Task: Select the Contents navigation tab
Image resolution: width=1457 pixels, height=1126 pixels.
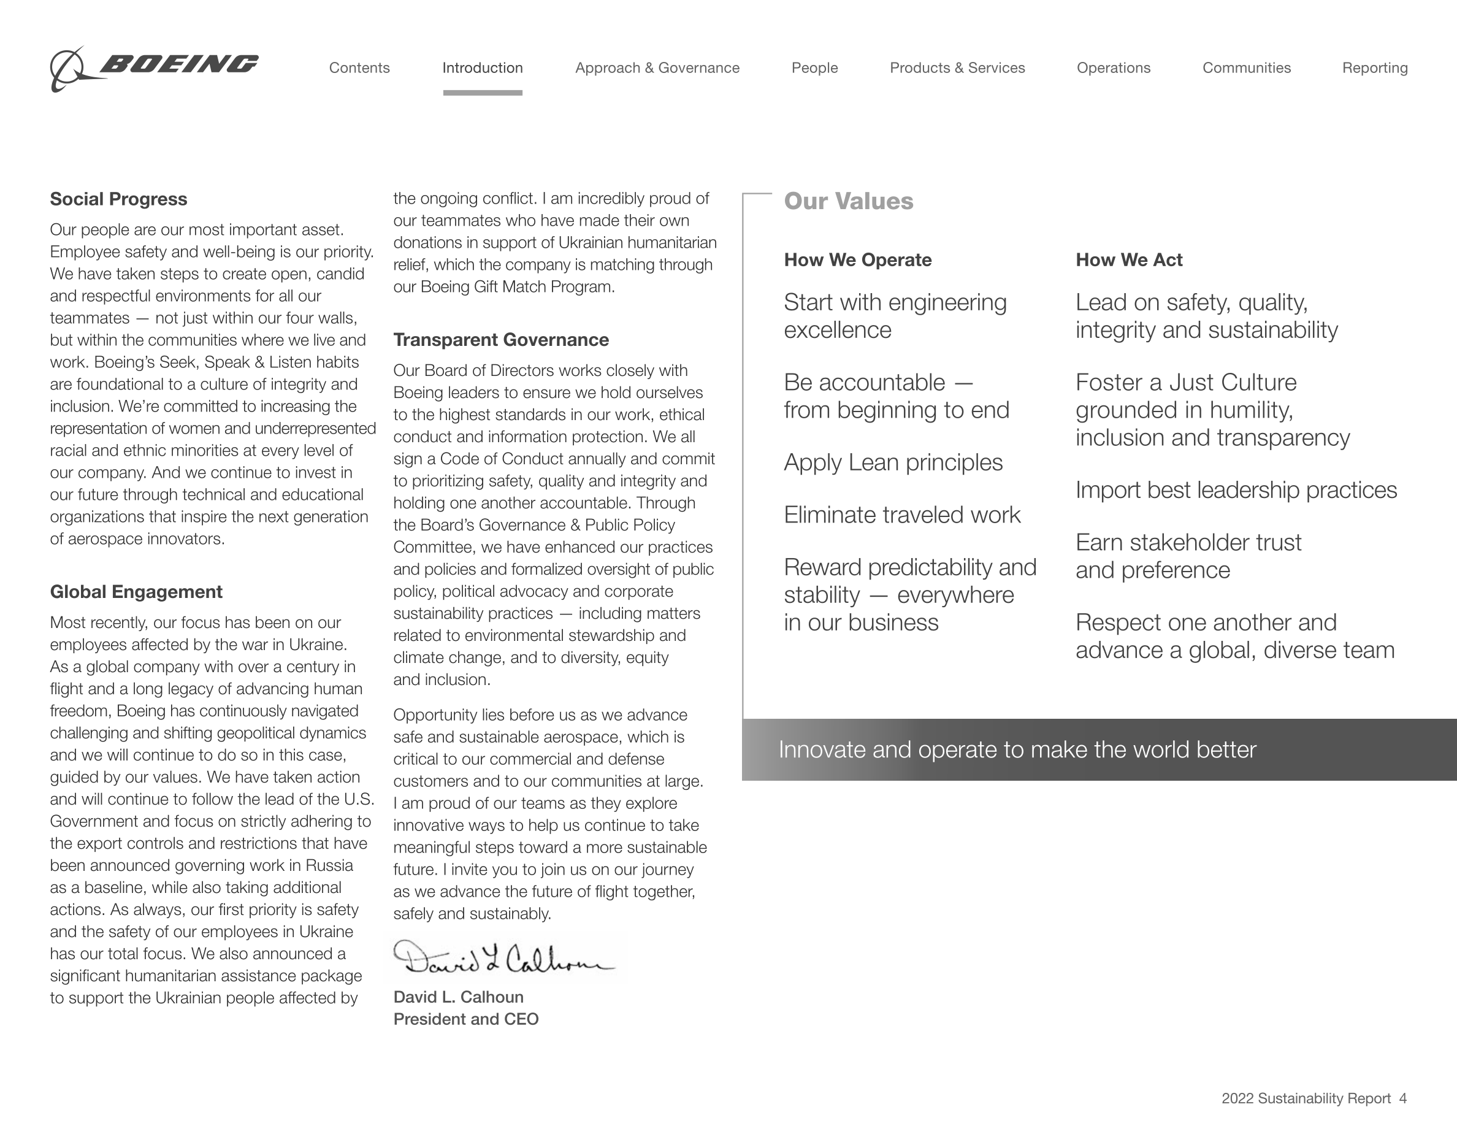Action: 359,68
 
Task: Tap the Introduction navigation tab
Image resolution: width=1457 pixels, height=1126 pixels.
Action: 483,68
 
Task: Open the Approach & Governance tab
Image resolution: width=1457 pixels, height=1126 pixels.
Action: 657,68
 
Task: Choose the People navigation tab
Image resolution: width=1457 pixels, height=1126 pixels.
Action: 814,68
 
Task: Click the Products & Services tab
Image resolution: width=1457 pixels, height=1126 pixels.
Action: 957,68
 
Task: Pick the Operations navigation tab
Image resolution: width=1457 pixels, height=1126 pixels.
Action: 1114,68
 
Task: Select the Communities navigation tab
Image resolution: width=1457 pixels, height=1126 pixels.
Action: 1246,68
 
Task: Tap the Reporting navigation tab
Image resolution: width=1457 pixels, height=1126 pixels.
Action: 1375,68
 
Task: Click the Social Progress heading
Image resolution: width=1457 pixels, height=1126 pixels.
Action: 119,199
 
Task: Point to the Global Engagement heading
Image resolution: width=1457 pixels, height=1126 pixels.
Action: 136,592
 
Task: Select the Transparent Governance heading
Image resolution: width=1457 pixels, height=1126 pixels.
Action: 501,340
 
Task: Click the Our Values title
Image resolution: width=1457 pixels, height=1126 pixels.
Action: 849,201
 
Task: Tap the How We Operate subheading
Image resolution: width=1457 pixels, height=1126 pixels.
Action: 858,260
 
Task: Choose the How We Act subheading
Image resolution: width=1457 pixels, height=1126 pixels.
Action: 1129,260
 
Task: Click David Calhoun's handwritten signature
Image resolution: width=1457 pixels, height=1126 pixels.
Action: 503,959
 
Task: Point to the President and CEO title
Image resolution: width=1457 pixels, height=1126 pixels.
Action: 465,1019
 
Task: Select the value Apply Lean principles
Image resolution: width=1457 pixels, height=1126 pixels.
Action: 893,462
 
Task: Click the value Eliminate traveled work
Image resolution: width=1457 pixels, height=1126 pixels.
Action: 902,515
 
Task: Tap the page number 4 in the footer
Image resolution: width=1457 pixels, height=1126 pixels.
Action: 1403,1098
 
